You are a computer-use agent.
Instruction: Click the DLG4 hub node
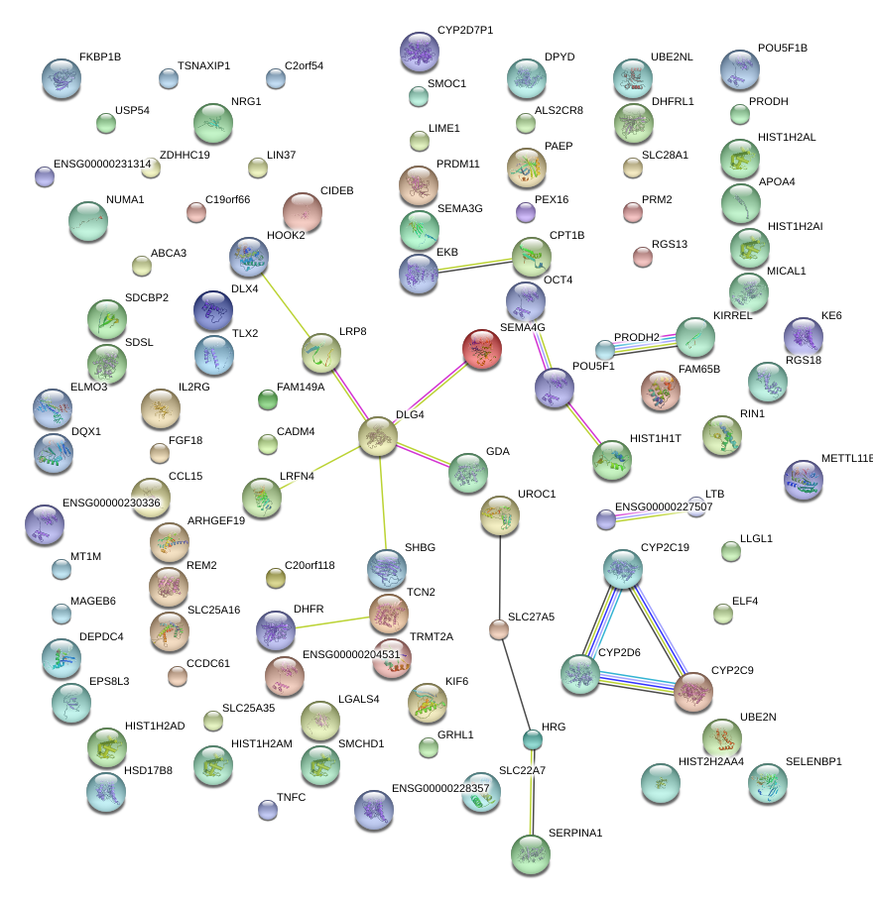[377, 436]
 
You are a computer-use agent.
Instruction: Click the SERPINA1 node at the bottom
[530, 851]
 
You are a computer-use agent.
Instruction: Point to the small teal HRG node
[533, 738]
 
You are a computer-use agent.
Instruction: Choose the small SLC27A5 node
[499, 628]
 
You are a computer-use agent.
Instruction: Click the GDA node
[467, 473]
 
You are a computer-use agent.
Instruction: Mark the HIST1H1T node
[611, 459]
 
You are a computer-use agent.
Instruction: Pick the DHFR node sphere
[276, 630]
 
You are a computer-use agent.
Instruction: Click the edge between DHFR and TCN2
[332, 622]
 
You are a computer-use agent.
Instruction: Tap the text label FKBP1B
[100, 56]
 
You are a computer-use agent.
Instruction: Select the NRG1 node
[213, 123]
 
